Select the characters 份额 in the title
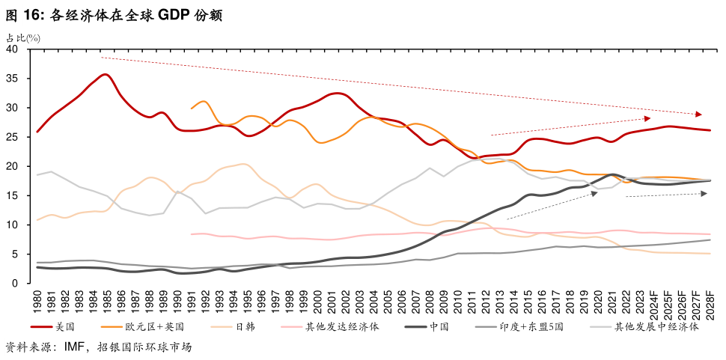[210, 15]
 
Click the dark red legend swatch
[41, 326]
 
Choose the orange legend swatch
[112, 326]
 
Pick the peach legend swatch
[221, 326]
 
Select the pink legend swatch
[291, 326]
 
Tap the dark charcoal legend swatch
[415, 326]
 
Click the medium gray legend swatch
[486, 326]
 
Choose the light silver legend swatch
[600, 326]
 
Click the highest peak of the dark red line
[105, 74]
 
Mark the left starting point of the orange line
[192, 109]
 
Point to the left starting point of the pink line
[192, 234]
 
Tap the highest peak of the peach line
[244, 164]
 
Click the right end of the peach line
[710, 254]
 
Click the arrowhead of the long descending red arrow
[699, 115]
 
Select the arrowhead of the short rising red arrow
[647, 118]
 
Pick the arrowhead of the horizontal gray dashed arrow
[704, 194]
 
